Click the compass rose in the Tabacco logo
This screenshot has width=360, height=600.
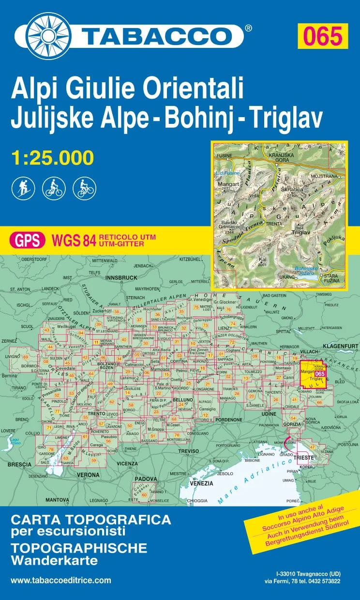click(48, 36)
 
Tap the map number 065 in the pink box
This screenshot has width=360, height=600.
click(322, 35)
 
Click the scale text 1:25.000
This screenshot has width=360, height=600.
click(52, 157)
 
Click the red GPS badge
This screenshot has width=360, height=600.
click(27, 240)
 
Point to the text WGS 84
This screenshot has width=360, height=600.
click(74, 240)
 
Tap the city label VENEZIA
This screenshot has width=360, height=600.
click(201, 483)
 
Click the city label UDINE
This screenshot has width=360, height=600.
click(268, 414)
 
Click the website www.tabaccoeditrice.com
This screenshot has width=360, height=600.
click(60, 580)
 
